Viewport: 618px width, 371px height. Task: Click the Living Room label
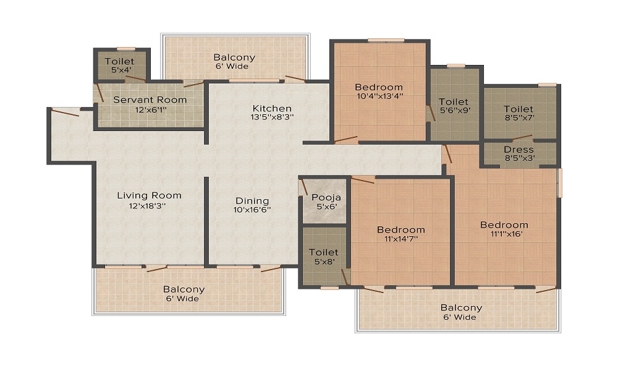point(150,195)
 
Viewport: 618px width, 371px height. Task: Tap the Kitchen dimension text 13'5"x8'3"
point(272,117)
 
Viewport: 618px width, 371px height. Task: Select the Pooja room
point(324,201)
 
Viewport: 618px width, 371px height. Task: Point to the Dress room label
point(519,150)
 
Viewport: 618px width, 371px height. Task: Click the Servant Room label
point(150,100)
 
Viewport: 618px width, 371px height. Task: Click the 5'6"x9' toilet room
point(455,105)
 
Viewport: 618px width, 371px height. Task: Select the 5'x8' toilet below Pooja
point(324,256)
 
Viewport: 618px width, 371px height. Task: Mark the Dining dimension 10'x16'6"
point(252,210)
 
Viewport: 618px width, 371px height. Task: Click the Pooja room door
point(304,187)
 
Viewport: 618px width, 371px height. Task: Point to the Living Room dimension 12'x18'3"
point(147,206)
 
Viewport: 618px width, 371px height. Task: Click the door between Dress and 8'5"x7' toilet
point(522,138)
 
